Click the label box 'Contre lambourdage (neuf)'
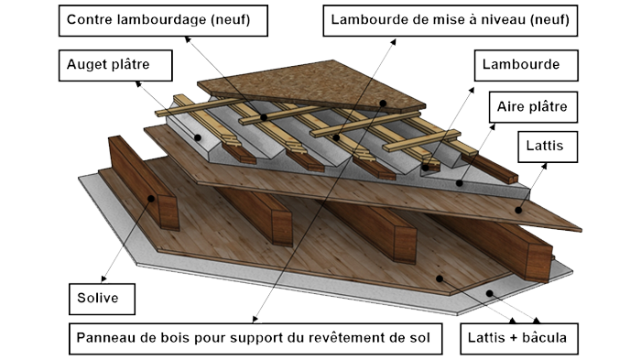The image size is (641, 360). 163,21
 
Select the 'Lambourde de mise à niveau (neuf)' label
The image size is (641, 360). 451,21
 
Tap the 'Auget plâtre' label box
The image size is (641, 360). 115,65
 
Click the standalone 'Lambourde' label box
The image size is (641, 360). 527,65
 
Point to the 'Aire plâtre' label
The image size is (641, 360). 533,107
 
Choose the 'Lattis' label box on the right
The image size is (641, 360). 548,147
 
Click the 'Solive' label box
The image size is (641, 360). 102,299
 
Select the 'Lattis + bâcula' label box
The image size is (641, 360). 519,339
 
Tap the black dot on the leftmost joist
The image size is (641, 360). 151,199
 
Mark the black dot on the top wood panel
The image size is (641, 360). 383,104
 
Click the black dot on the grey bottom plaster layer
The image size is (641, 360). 489,293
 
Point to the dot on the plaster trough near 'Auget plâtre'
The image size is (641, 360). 198,138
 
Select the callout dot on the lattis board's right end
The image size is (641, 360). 518,211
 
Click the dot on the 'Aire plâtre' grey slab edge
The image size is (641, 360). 460,183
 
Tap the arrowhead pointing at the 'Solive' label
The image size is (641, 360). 103,279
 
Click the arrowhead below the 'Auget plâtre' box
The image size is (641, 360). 138,84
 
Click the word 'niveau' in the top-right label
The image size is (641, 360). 505,19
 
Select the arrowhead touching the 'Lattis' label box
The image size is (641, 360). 544,166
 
